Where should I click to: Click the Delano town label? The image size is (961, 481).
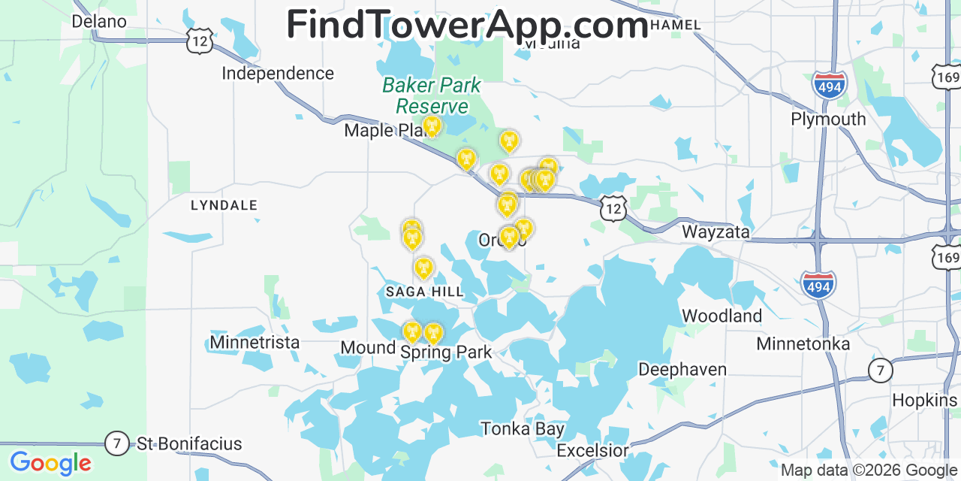pyautogui.click(x=99, y=21)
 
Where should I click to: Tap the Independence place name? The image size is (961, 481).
pyautogui.click(x=278, y=73)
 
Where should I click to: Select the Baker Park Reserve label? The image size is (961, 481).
pyautogui.click(x=432, y=95)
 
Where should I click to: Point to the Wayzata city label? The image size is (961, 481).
pyautogui.click(x=715, y=232)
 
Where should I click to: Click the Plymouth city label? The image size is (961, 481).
pyautogui.click(x=828, y=119)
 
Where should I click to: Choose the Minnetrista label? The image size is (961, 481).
pyautogui.click(x=255, y=343)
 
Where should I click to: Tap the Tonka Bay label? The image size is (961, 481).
pyautogui.click(x=523, y=429)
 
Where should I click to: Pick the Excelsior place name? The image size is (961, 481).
pyautogui.click(x=592, y=451)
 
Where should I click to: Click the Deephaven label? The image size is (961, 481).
pyautogui.click(x=682, y=369)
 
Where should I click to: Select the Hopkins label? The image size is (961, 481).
pyautogui.click(x=925, y=400)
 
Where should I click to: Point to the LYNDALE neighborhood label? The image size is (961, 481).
pyautogui.click(x=224, y=205)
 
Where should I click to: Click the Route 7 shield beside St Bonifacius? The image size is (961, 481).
pyautogui.click(x=116, y=443)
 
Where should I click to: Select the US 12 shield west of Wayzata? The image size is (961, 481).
pyautogui.click(x=613, y=208)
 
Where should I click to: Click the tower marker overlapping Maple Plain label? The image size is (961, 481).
pyautogui.click(x=431, y=126)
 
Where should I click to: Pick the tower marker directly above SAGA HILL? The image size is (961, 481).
pyautogui.click(x=423, y=268)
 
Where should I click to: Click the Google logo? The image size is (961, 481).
pyautogui.click(x=50, y=462)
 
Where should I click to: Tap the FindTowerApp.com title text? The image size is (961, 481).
pyautogui.click(x=467, y=25)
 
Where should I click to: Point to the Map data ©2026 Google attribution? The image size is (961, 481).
pyautogui.click(x=869, y=470)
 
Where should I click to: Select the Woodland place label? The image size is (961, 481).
pyautogui.click(x=722, y=316)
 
